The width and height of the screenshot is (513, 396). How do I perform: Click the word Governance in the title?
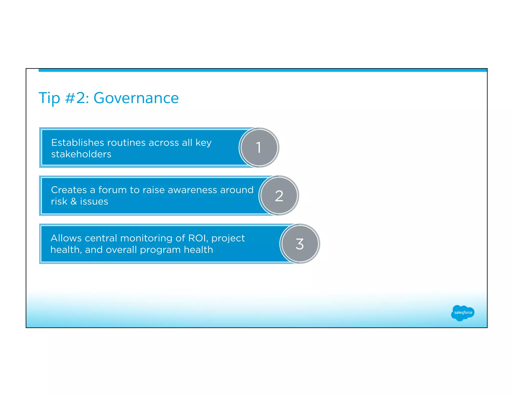point(136,98)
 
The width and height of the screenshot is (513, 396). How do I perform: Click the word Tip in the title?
point(49,98)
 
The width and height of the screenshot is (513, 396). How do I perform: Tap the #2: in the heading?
point(77,98)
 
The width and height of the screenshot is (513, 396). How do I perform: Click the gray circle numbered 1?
point(259,147)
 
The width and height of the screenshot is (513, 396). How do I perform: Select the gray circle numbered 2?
point(279,195)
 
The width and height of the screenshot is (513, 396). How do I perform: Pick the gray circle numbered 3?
point(300,244)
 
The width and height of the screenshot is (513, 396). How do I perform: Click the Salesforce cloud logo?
point(463,313)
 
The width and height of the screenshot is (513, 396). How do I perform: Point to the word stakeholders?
point(81,154)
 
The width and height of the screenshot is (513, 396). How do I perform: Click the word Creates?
point(69,190)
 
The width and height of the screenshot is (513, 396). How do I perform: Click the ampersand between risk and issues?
point(74,202)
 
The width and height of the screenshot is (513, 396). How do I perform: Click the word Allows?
point(66,238)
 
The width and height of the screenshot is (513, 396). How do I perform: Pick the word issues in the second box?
point(94,202)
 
